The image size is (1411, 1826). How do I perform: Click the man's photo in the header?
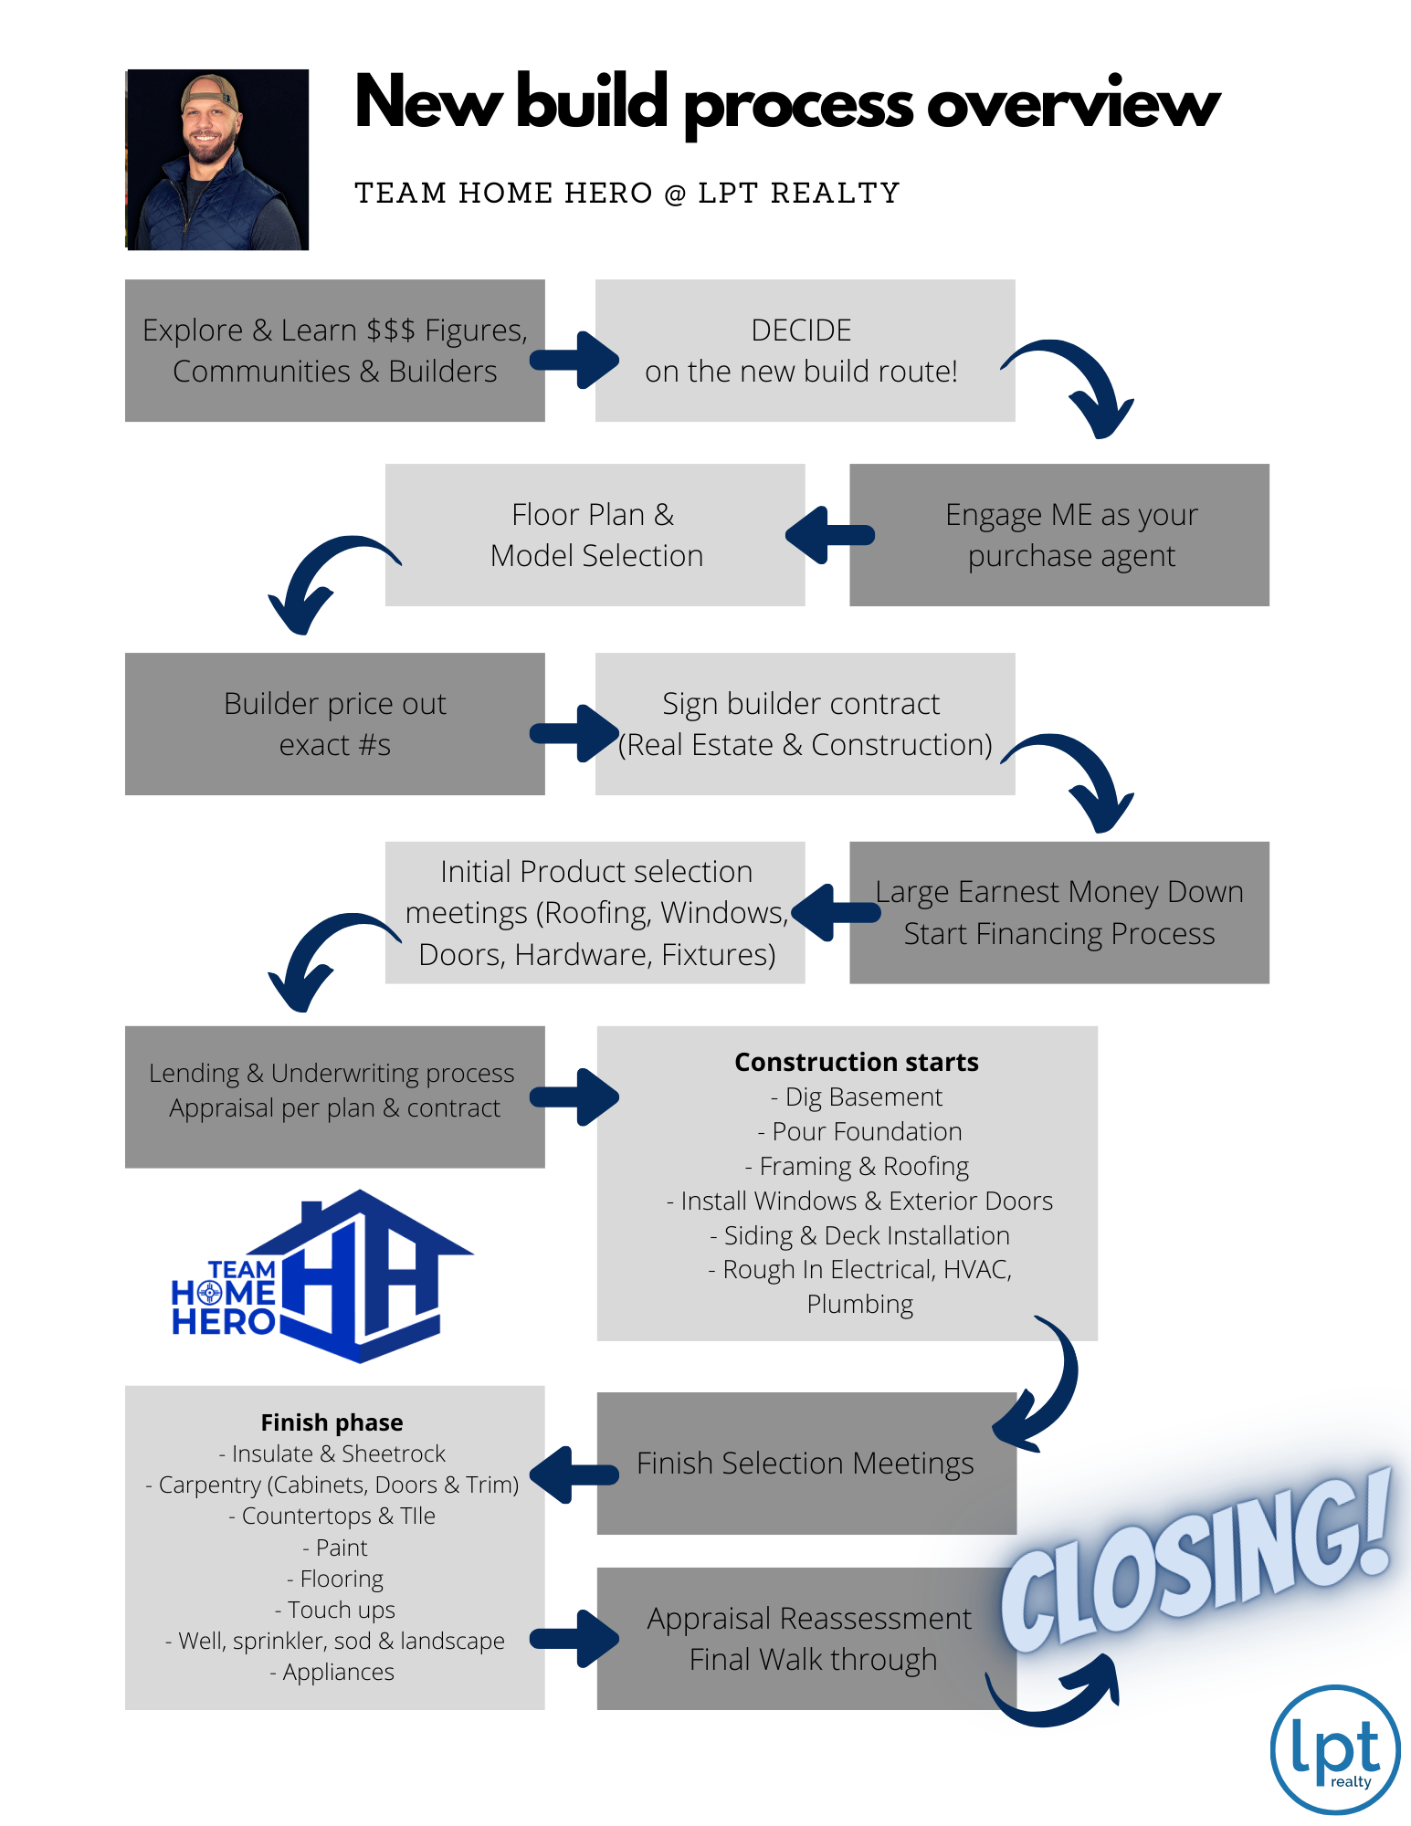[x=217, y=160]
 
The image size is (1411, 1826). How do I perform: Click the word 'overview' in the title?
[x=1073, y=105]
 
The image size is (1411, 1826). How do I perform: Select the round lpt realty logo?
[x=1334, y=1749]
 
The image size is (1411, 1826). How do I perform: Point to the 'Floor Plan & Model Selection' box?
[x=595, y=535]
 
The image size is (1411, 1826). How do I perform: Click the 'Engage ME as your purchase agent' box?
[x=1059, y=535]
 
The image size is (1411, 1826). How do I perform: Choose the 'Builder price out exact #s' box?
[x=334, y=724]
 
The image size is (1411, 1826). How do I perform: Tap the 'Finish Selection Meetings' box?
[x=806, y=1464]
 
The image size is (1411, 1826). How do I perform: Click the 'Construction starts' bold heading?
[x=857, y=1063]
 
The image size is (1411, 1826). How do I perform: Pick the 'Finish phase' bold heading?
[x=332, y=1422]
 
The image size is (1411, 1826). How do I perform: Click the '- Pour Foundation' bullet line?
[x=859, y=1132]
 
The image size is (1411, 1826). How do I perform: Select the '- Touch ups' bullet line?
[x=335, y=1610]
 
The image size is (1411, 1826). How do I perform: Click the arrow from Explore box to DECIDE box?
[x=574, y=360]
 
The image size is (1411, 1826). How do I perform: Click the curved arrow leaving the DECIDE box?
[x=1078, y=383]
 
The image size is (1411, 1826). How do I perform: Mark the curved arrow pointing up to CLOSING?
[x=1059, y=1694]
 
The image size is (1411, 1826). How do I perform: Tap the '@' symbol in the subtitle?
[x=675, y=194]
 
